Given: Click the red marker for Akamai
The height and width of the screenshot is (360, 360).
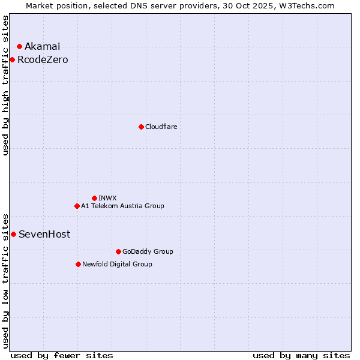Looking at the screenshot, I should coord(19,46).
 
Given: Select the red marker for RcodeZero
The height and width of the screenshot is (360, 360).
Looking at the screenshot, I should coord(12,59).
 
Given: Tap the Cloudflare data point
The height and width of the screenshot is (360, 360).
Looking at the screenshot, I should coord(141,127).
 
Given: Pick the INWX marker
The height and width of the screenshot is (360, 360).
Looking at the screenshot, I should coord(94,198).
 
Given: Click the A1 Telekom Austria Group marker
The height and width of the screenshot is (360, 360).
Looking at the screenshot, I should coord(77,206).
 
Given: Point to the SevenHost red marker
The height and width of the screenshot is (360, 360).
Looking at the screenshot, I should coord(13,234).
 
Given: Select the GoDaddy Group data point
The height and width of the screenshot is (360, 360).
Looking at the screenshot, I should coord(118,251).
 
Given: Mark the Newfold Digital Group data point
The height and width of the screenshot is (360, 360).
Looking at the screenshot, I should coord(78,264).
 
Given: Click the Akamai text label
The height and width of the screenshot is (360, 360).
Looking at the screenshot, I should coord(42,47).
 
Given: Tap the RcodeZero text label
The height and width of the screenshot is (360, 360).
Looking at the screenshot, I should coord(43,60).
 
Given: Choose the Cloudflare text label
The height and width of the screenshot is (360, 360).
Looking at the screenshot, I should coord(161,127).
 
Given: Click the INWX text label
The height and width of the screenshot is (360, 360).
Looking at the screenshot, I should coord(107,198).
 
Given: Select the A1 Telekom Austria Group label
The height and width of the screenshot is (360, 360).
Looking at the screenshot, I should coord(122,206).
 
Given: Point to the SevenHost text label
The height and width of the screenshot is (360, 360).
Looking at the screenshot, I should coord(44,235).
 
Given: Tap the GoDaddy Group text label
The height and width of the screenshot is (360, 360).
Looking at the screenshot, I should coord(148,251).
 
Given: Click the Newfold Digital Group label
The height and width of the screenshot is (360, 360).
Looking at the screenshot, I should coord(117,264).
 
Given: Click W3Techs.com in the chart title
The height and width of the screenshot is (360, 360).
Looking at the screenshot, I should coord(305,5).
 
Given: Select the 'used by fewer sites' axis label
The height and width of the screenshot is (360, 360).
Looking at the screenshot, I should coord(62,355).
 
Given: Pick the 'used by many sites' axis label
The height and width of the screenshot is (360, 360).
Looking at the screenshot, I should coord(301,355).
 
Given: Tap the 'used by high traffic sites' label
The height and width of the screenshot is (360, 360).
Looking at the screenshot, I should coord(5,85).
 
